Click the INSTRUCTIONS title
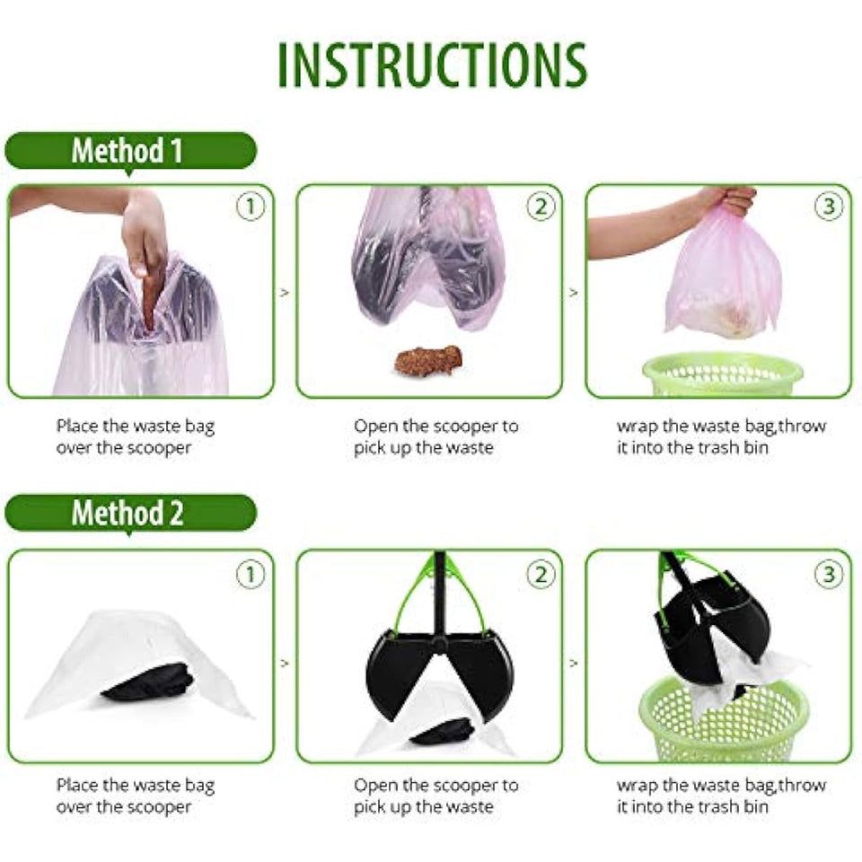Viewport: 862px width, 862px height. click(x=433, y=65)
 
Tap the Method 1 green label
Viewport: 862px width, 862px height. click(x=130, y=151)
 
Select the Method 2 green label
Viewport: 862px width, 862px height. click(x=130, y=513)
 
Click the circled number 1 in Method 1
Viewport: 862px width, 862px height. click(x=251, y=207)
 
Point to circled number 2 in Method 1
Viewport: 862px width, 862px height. click(x=541, y=207)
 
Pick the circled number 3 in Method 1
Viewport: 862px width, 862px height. click(x=829, y=207)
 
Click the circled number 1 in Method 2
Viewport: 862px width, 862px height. click(x=251, y=575)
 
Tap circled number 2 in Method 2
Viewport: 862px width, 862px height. click(x=541, y=575)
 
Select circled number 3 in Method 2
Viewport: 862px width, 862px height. click(x=829, y=575)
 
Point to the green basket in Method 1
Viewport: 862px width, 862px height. click(x=722, y=375)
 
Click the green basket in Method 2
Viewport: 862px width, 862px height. click(x=724, y=720)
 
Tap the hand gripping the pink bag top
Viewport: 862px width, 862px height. click(x=726, y=200)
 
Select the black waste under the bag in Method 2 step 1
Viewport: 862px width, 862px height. click(x=148, y=682)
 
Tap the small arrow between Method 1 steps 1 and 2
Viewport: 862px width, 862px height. click(x=285, y=293)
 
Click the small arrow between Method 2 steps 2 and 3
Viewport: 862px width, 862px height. click(x=574, y=663)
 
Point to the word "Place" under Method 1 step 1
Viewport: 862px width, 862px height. click(x=77, y=426)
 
